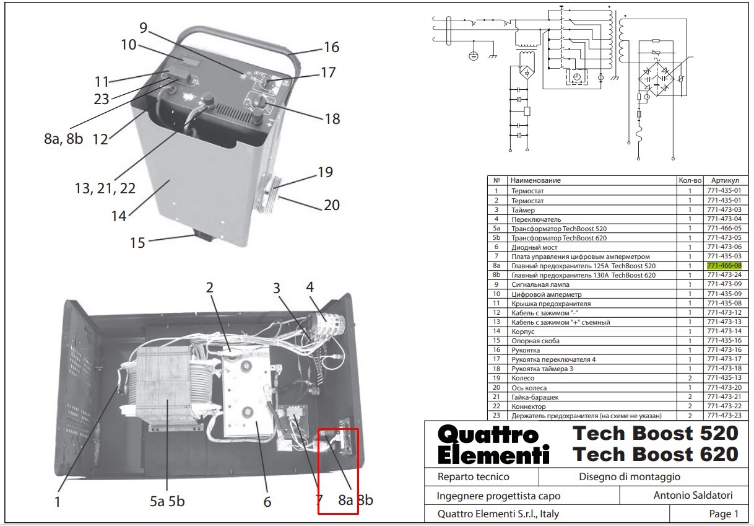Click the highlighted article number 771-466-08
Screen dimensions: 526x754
pos(724,266)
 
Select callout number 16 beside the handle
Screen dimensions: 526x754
pos(331,47)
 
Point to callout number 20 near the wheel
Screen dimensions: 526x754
pos(332,204)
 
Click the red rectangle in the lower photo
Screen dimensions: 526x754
pos(338,471)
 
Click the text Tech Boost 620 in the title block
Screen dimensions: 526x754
pos(656,454)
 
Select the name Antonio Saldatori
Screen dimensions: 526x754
pos(693,495)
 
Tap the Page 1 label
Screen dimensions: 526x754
pos(724,514)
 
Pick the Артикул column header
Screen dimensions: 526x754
pos(724,180)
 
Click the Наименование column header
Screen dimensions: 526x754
pos(535,180)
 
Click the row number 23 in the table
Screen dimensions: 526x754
pos(496,415)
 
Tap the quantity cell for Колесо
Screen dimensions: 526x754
pos(690,378)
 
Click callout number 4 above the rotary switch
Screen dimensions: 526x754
pos(310,287)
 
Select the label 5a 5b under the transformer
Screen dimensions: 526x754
pos(167,501)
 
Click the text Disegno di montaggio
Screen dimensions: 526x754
pos(630,476)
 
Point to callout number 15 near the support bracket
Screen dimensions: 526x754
pos(137,242)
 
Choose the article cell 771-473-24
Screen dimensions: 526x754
pos(724,275)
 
